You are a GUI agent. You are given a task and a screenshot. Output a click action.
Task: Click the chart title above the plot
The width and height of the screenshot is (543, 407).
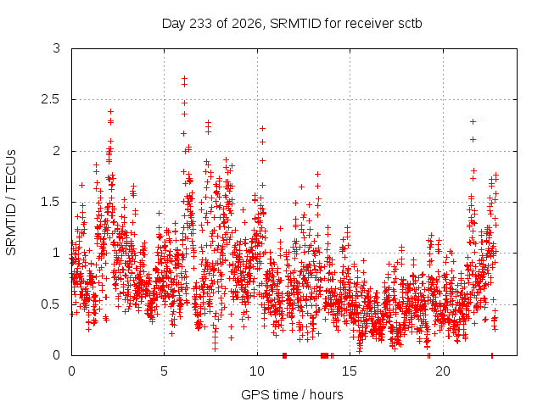(x=292, y=24)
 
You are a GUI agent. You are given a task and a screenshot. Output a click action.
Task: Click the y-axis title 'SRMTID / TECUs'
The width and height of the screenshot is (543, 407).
(x=11, y=203)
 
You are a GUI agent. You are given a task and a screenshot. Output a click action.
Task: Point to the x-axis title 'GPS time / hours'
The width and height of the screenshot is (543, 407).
(x=292, y=394)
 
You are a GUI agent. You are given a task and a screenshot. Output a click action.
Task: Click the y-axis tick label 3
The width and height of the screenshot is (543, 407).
(x=57, y=48)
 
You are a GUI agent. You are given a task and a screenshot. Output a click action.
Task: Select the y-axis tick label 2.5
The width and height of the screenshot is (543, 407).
(x=51, y=99)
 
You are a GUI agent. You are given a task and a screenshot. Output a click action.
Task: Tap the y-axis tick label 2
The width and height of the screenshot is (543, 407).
(x=57, y=151)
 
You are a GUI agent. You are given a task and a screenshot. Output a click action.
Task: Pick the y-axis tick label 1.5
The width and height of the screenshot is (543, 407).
(x=51, y=202)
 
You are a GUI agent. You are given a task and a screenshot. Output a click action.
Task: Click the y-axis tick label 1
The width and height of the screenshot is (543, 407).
(x=57, y=253)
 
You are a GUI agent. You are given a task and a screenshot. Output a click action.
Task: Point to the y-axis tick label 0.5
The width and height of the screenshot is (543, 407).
(x=51, y=304)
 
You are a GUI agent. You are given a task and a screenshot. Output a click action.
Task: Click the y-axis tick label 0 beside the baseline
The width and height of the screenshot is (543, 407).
(x=57, y=355)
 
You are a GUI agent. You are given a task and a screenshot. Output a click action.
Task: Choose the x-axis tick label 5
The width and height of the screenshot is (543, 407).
(x=164, y=371)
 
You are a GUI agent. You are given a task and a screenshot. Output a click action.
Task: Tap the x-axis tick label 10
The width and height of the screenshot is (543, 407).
(x=257, y=371)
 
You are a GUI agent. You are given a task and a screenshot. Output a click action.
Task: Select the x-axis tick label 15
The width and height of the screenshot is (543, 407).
(x=350, y=371)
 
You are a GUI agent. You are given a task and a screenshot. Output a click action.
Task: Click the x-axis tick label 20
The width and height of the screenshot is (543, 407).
(x=443, y=371)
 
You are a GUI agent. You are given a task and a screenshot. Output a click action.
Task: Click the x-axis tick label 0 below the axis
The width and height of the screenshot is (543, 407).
(x=71, y=371)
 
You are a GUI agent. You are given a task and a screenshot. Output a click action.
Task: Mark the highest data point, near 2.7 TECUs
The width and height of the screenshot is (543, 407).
(x=185, y=79)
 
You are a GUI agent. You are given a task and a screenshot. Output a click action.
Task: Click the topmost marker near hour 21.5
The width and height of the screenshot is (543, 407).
(x=473, y=122)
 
